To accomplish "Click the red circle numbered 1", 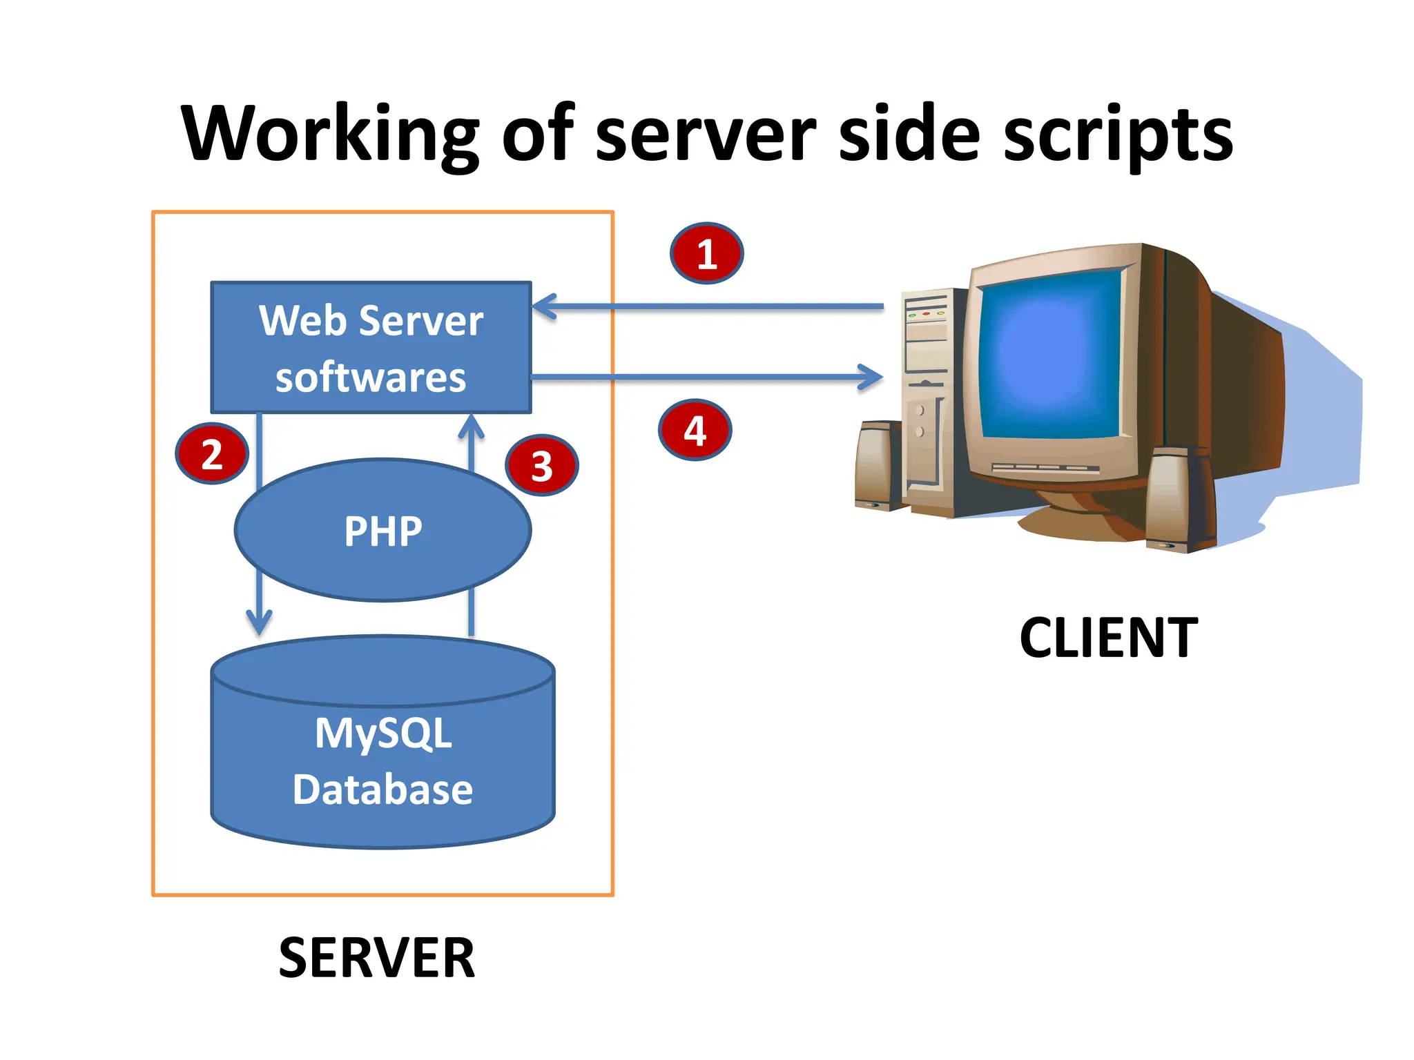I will coord(706,253).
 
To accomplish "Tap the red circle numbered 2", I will coord(212,453).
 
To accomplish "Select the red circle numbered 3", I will coord(542,465).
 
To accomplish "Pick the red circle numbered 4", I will coord(695,430).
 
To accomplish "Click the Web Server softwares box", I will coord(371,348).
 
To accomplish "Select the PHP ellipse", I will coord(382,531).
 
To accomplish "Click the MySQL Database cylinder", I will coord(382,759).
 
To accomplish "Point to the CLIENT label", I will coord(1108,638).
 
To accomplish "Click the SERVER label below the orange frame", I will coord(376,958).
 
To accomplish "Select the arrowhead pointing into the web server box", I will coord(543,306).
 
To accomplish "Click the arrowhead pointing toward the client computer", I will coord(873,377).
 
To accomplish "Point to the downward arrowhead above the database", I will coord(259,623).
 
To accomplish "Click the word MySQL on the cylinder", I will coord(383,733).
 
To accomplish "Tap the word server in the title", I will coord(705,135).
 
